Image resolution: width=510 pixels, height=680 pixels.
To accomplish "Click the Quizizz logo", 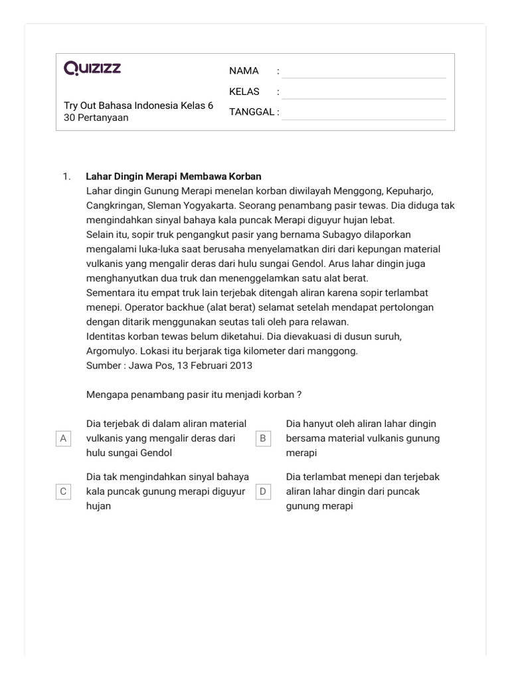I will [92, 68].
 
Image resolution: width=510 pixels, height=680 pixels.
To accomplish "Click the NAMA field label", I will [244, 71].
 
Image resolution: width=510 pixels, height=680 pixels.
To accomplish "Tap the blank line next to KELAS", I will [364, 92].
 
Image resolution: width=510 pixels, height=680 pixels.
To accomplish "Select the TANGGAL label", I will [252, 112].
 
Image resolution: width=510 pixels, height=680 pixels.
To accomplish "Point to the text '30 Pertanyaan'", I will [96, 118].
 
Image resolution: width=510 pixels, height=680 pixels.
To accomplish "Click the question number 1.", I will [66, 177].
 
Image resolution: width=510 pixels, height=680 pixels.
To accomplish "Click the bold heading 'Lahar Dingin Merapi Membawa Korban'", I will [174, 177].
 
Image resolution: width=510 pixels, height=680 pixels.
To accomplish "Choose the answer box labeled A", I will [64, 438].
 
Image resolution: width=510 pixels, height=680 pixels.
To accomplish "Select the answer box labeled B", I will [263, 438].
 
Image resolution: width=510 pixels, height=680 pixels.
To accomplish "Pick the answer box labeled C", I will [64, 491].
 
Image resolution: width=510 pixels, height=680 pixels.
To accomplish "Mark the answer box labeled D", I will [263, 491].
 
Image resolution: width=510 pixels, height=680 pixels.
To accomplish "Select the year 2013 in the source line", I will [240, 365].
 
